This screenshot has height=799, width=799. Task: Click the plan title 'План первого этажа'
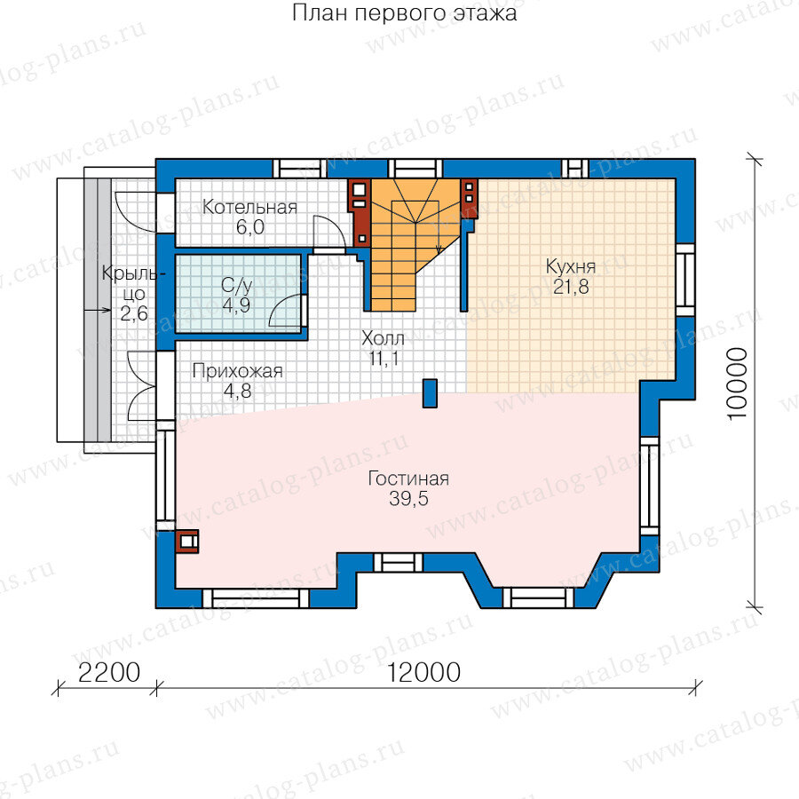point(405,13)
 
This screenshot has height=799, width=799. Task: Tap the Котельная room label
point(249,208)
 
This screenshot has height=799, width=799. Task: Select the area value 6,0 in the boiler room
point(250,227)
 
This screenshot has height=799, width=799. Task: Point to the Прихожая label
point(237,371)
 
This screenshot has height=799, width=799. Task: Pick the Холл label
point(384,338)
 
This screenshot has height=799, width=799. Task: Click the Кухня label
point(571,266)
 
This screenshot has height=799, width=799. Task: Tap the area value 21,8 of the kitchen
point(571,287)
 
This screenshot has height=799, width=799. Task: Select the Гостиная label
point(408,479)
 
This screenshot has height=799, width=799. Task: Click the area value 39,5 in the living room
point(408,499)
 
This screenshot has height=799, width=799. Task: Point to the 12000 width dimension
point(424,673)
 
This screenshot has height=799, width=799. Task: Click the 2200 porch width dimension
point(109,673)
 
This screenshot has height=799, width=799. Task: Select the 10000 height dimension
point(738,384)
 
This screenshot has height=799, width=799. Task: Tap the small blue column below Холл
point(430,393)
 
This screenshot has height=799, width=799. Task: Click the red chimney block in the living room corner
point(187,542)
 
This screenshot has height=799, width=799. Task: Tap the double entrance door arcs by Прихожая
point(140,386)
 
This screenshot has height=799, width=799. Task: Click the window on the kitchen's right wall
point(685,281)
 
